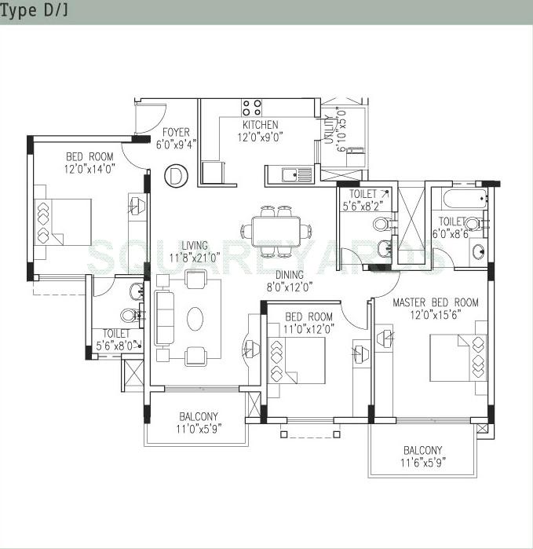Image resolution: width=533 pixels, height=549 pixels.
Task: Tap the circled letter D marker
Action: point(177,175)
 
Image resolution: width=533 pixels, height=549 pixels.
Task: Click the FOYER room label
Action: point(175,132)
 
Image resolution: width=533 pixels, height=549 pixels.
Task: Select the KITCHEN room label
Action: point(260,125)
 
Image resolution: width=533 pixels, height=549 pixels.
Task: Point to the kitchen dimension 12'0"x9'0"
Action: point(260,137)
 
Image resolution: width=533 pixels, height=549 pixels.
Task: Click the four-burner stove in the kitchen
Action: point(251,108)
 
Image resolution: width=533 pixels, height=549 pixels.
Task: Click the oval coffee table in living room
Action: point(195,317)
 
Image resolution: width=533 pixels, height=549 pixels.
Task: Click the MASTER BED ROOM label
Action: point(435,302)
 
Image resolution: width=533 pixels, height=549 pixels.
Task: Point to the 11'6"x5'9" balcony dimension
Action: point(422,462)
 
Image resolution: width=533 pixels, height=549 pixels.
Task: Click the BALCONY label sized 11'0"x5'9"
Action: point(199,416)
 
